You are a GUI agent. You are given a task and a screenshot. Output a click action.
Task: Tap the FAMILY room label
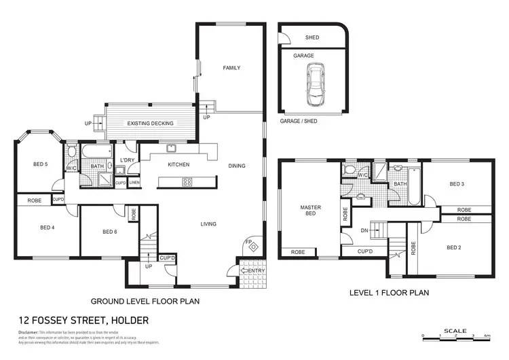pos(232,68)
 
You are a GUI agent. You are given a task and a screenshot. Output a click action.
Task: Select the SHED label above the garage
pos(312,38)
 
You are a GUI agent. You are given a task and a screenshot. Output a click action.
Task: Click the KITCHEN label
pos(178,164)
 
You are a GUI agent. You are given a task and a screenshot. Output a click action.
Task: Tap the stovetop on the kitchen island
pos(187,181)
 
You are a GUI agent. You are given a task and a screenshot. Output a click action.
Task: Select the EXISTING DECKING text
pos(151,124)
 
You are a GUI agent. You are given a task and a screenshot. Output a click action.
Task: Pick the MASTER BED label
pos(310,211)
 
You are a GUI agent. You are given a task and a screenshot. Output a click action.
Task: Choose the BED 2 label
pos(454,248)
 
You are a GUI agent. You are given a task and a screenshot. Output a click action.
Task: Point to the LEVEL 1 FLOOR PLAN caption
pos(389,293)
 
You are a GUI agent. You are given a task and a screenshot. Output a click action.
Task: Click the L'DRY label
pos(126,160)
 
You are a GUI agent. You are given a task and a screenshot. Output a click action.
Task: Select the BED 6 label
pos(110,232)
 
